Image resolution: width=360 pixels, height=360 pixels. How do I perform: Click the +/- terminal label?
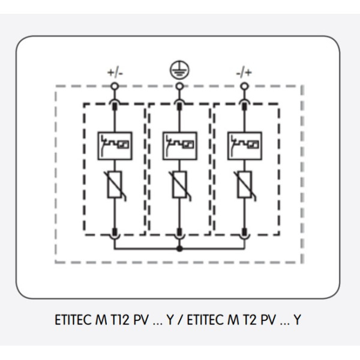[113, 73]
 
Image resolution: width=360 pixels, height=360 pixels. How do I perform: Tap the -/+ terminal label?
[243, 73]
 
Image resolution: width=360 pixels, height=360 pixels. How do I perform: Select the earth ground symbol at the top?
[178, 70]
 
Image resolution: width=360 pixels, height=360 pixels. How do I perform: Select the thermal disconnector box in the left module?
[113, 144]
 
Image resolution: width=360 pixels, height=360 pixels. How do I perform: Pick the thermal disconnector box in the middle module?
[178, 144]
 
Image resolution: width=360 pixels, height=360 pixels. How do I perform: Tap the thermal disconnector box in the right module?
[244, 144]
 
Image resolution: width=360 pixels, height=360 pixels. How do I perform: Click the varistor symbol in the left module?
[113, 184]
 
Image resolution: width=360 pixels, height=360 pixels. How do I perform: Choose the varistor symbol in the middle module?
[178, 184]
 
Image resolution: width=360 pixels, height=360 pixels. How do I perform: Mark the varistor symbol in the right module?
[244, 184]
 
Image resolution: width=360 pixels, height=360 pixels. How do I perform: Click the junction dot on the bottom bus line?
[178, 247]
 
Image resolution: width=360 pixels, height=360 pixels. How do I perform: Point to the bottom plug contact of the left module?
[113, 231]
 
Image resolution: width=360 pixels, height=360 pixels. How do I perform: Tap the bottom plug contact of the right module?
[244, 231]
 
